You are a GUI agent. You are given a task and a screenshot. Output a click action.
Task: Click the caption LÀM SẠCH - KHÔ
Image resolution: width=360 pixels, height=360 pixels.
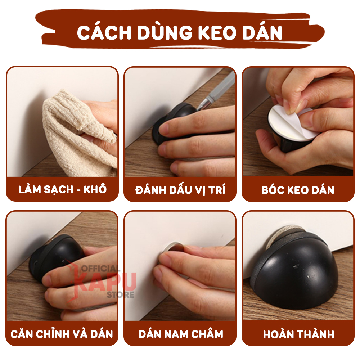pos(62,190)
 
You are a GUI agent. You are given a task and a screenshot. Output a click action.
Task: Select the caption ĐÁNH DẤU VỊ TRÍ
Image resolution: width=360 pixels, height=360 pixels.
pos(180,190)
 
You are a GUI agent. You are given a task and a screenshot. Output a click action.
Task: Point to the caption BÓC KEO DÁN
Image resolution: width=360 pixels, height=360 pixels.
pos(298,190)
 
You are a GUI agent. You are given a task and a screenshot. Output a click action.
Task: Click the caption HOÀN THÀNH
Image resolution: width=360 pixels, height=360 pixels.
pos(298,334)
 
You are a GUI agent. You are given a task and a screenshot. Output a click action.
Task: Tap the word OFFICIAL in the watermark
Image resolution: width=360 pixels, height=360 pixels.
pos(100,269)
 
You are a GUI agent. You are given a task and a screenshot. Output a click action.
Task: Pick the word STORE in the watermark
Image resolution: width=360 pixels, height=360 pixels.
pos(120,294)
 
